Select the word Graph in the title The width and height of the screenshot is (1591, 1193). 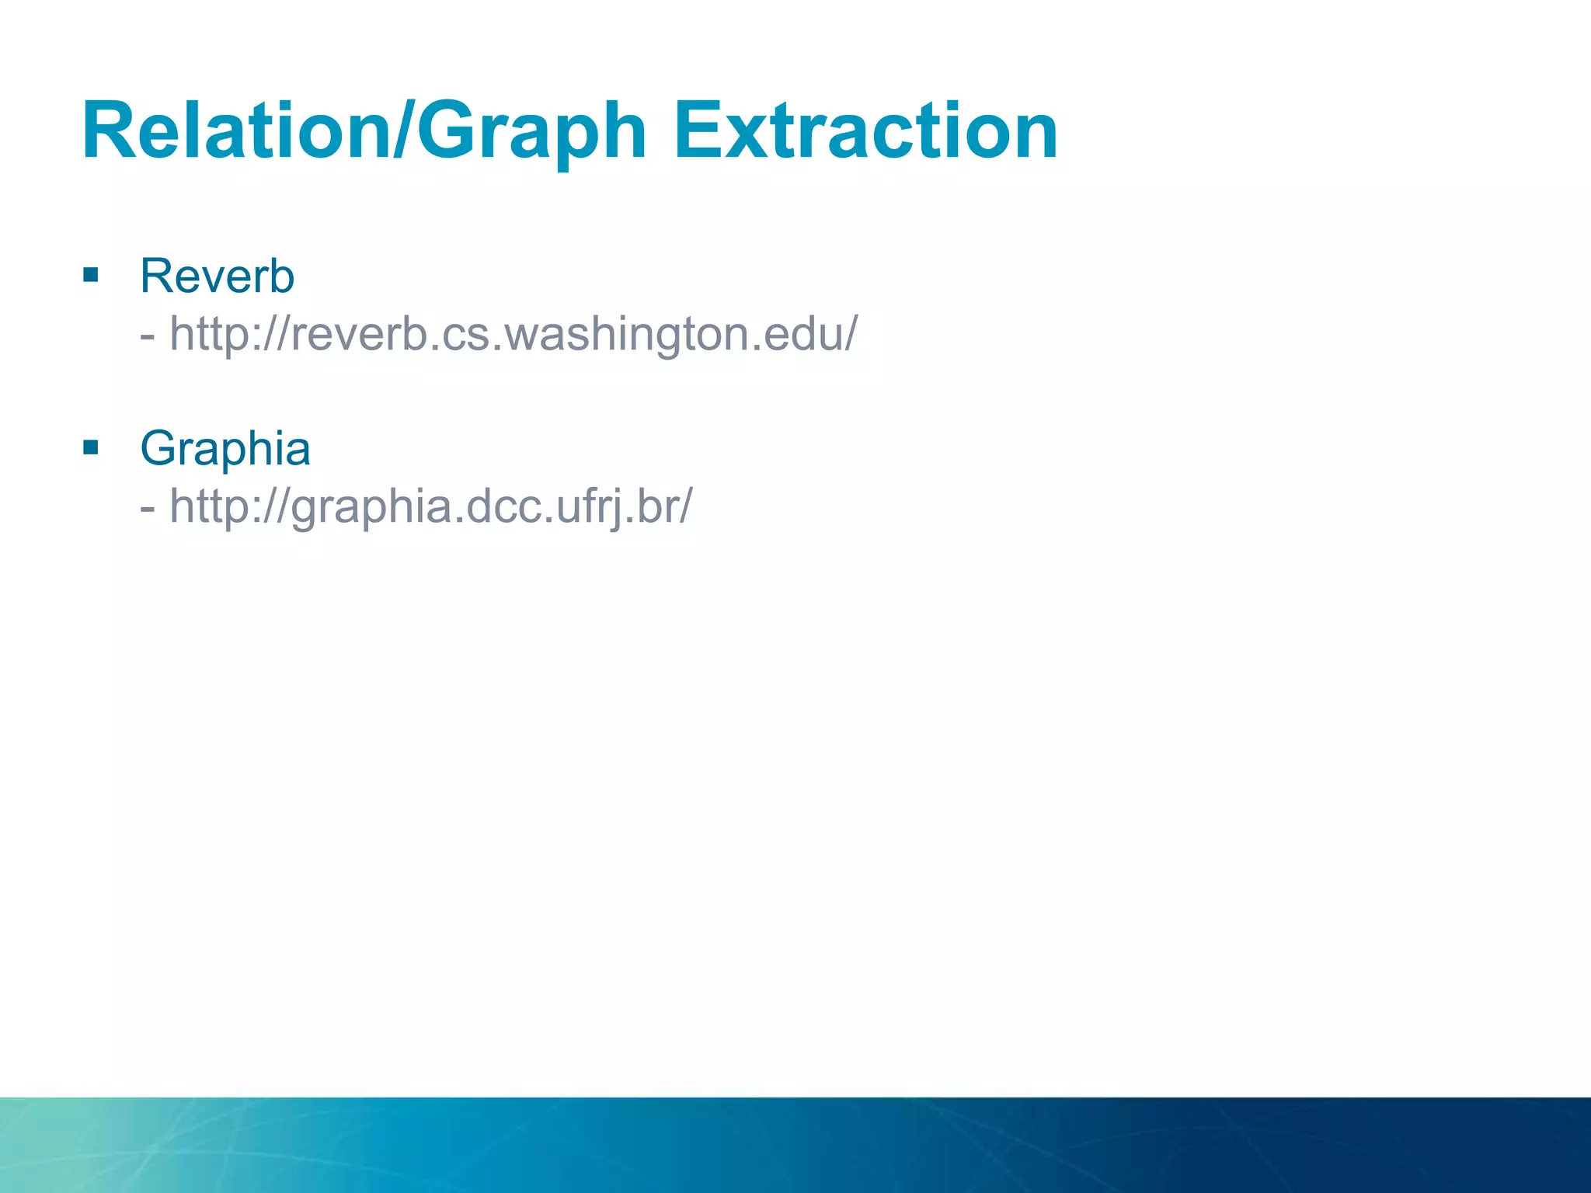pos(531,132)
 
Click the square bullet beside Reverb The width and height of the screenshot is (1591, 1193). pos(91,274)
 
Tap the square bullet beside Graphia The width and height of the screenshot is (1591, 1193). pos(91,447)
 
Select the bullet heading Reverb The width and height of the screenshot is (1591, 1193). pos(217,276)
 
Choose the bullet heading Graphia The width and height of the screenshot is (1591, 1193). pos(225,448)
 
